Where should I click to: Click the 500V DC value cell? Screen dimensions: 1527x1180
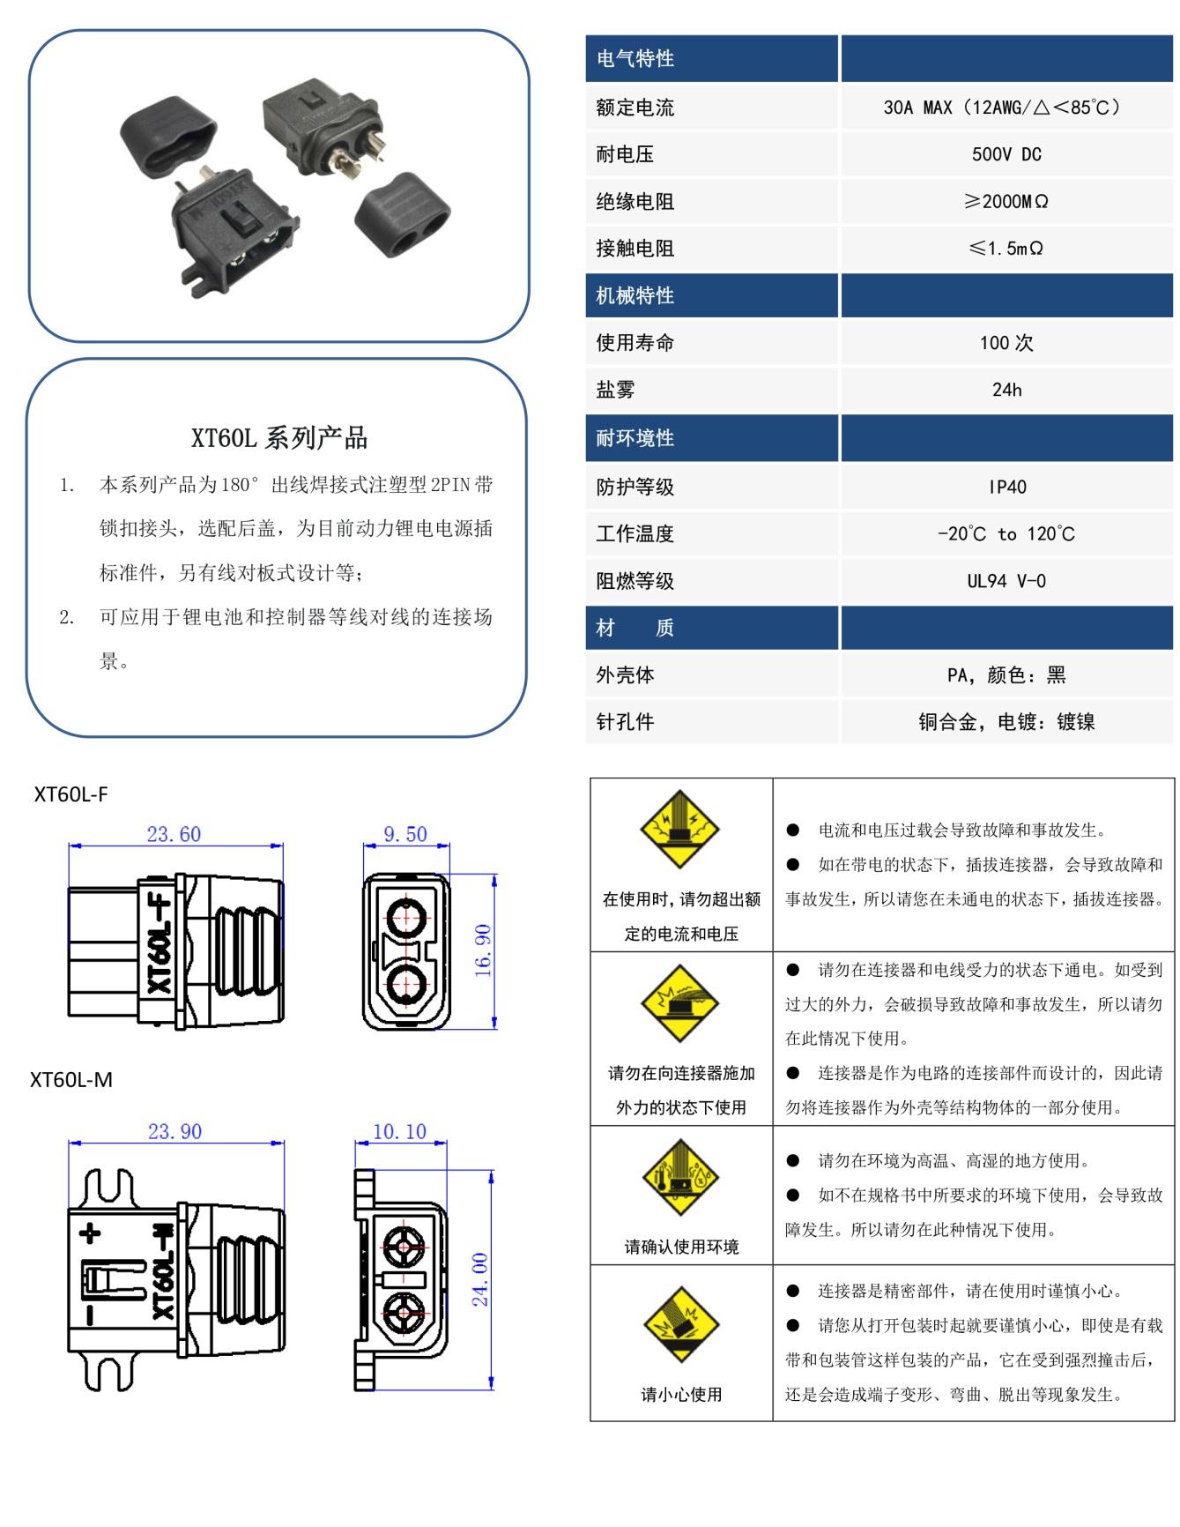(x=1006, y=154)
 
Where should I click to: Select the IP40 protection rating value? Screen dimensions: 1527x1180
(x=1006, y=487)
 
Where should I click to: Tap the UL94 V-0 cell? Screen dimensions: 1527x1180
(x=1006, y=581)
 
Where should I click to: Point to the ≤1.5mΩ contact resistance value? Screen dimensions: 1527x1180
(x=1006, y=249)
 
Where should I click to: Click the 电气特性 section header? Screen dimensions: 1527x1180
(x=635, y=59)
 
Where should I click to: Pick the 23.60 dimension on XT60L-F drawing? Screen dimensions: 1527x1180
(x=174, y=834)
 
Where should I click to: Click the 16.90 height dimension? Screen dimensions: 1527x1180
(x=483, y=950)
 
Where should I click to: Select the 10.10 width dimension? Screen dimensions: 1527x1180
(x=399, y=1131)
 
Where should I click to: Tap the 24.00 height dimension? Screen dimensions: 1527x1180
(x=480, y=1279)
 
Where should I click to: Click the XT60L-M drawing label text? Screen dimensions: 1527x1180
(x=71, y=1080)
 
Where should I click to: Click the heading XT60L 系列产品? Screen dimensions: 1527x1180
(x=278, y=438)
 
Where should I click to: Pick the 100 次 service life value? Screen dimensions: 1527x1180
(x=1006, y=343)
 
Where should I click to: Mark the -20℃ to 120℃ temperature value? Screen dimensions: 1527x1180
(x=1006, y=534)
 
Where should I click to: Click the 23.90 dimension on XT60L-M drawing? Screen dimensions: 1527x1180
(x=174, y=1131)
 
